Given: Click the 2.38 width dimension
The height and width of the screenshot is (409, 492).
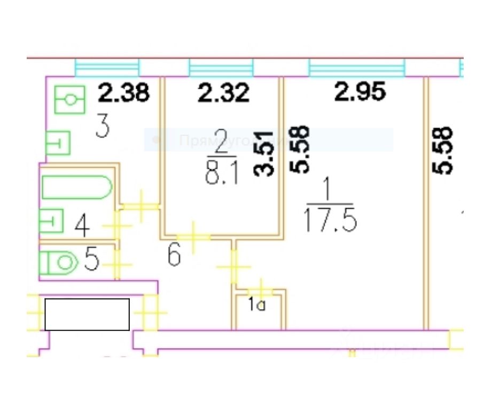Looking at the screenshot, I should (123, 95).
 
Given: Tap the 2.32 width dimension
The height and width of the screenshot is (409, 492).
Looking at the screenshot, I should (223, 95).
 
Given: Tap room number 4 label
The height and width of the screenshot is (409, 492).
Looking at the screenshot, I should (82, 226).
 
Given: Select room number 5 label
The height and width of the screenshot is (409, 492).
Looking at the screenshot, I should (92, 261).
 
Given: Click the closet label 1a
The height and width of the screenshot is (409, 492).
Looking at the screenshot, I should (256, 306).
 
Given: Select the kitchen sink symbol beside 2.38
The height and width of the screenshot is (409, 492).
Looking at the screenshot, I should (70, 100).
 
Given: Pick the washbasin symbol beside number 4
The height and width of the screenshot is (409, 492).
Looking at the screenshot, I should (52, 221).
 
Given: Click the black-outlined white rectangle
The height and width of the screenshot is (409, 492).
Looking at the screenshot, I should (87, 314).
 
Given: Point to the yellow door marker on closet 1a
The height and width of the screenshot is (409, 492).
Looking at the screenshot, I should (261, 289).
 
